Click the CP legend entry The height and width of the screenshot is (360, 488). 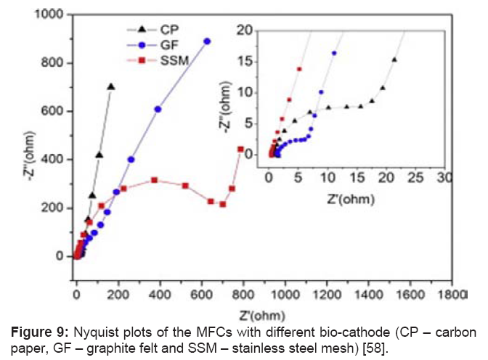tap(163, 28)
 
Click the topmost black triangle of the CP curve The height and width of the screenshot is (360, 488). tap(111, 86)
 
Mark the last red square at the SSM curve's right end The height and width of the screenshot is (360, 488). tap(240, 149)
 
